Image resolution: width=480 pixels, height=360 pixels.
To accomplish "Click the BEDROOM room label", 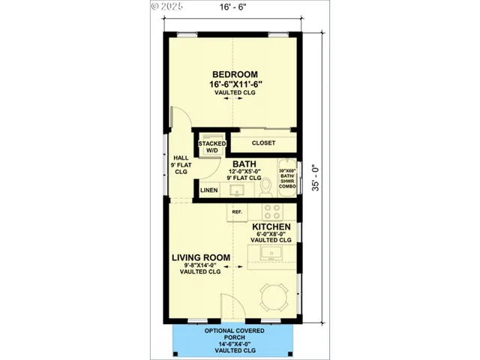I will [x=235, y=74].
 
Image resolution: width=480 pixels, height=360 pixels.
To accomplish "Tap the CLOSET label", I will [x=262, y=142].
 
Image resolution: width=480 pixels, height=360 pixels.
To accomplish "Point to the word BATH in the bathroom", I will [x=244, y=163].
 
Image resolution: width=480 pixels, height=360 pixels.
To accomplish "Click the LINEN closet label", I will [x=209, y=190].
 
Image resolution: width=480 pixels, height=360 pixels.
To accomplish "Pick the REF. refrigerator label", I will [x=236, y=212].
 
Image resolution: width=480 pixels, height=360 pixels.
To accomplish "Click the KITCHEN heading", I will [x=271, y=226].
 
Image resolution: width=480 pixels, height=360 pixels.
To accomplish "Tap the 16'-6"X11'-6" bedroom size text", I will [x=235, y=84].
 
